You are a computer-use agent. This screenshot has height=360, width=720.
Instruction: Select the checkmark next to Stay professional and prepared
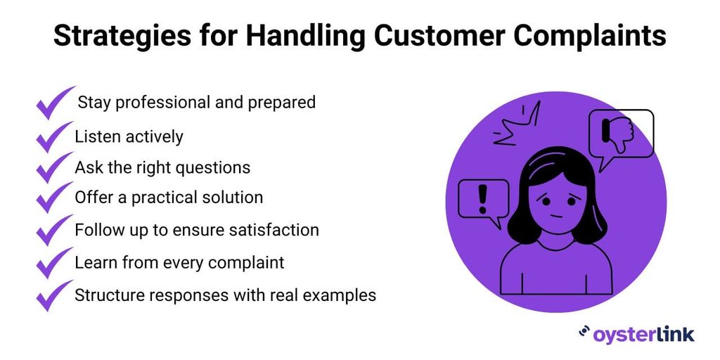tap(54, 103)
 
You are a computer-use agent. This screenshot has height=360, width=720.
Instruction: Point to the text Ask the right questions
tap(162, 167)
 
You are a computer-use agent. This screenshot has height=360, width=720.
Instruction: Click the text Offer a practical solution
tap(169, 198)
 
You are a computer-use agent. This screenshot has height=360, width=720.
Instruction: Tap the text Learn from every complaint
tap(179, 262)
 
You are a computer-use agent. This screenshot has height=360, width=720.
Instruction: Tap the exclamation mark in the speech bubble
tap(482, 198)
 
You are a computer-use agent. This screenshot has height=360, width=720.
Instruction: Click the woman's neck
tap(556, 239)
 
